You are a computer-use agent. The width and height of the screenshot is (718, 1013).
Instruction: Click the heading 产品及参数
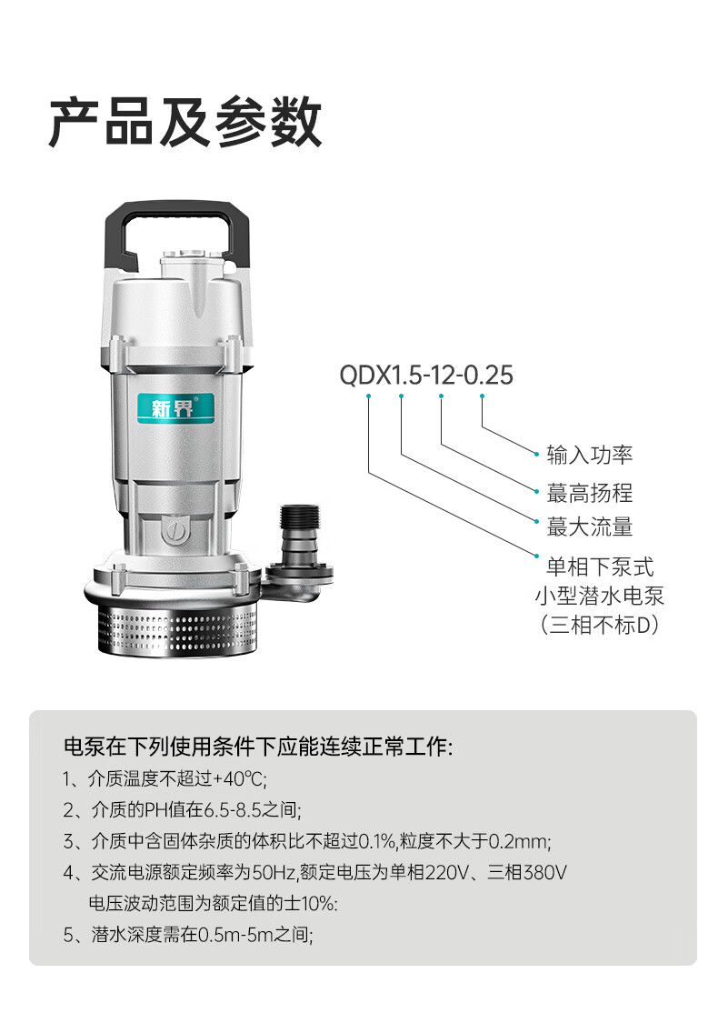pyautogui.click(x=185, y=122)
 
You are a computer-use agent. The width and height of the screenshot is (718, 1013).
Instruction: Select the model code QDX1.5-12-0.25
pyautogui.click(x=426, y=376)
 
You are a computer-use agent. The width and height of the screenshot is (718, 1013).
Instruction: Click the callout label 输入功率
pyautogui.click(x=590, y=455)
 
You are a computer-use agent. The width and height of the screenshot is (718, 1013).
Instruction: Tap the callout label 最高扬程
pyautogui.click(x=590, y=493)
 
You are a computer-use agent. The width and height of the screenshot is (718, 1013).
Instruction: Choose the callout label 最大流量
pyautogui.click(x=590, y=527)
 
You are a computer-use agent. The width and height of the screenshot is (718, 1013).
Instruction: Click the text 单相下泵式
pyautogui.click(x=600, y=567)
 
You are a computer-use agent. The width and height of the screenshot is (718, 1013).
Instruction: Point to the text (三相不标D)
pyautogui.click(x=600, y=625)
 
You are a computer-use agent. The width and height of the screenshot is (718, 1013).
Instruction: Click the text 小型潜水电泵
pyautogui.click(x=600, y=596)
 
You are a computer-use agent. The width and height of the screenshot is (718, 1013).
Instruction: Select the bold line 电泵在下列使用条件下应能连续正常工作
pyautogui.click(x=257, y=747)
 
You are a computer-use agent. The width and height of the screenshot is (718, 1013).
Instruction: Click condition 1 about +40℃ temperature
pyautogui.click(x=165, y=778)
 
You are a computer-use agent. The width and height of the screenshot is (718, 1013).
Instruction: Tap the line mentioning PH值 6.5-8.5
pyautogui.click(x=182, y=809)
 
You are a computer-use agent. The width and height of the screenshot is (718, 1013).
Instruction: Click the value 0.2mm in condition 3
pyautogui.click(x=519, y=841)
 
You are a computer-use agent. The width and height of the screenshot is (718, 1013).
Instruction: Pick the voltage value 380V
pyautogui.click(x=545, y=873)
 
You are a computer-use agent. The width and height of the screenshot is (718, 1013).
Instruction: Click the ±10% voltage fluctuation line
pyautogui.click(x=213, y=903)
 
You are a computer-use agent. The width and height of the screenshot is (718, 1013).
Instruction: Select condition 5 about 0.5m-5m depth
pyautogui.click(x=188, y=935)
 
